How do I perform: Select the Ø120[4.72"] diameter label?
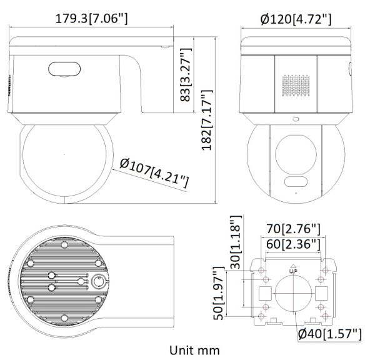[x=295, y=18]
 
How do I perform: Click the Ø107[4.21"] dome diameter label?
[x=154, y=172]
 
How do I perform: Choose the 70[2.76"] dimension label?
[x=291, y=228]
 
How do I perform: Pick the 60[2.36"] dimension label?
[x=291, y=243]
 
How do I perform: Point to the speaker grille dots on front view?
[x=296, y=86]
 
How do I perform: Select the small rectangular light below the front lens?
[x=295, y=182]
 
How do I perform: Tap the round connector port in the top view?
[x=97, y=283]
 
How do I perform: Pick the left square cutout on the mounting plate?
[x=264, y=292]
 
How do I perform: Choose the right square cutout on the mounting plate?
[x=322, y=292]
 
